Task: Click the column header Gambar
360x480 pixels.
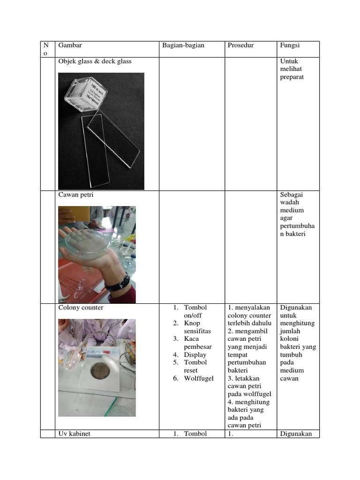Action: click(x=70, y=45)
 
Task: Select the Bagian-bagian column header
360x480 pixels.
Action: click(x=183, y=45)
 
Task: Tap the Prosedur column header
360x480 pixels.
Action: click(x=240, y=45)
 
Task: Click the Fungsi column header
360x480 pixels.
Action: click(x=290, y=45)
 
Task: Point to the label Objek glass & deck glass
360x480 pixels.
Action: click(x=95, y=61)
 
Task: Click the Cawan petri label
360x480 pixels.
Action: click(x=75, y=195)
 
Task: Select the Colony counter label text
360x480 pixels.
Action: click(x=81, y=308)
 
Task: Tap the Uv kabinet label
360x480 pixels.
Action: click(x=74, y=434)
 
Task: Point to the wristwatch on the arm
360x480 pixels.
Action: click(x=118, y=283)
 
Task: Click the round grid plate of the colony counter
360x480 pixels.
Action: click(x=100, y=370)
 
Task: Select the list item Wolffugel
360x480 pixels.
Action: click(x=198, y=378)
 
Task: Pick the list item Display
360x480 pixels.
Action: click(x=195, y=355)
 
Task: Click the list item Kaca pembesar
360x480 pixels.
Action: click(x=197, y=343)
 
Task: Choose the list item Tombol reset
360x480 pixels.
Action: click(x=195, y=366)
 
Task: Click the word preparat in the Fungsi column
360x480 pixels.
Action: click(x=292, y=77)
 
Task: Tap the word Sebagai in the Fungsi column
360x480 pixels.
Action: click(x=292, y=195)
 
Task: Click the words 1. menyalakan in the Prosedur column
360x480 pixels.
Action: click(x=249, y=308)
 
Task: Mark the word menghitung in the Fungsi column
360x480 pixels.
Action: click(x=297, y=323)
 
